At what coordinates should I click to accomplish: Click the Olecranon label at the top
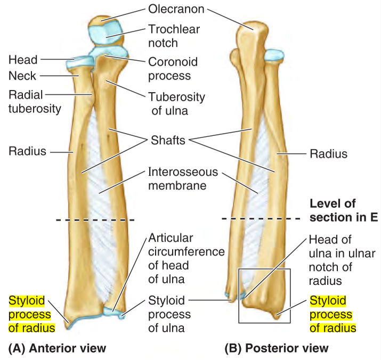174,9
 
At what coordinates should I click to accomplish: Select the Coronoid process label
169,69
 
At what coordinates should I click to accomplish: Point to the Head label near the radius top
23,60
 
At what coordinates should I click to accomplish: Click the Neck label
22,77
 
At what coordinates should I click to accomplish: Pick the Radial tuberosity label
35,102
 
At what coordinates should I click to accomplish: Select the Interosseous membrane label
175,179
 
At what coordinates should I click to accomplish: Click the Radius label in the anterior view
28,152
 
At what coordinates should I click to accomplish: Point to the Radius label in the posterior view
328,154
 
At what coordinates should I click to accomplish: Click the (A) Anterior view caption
58,349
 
